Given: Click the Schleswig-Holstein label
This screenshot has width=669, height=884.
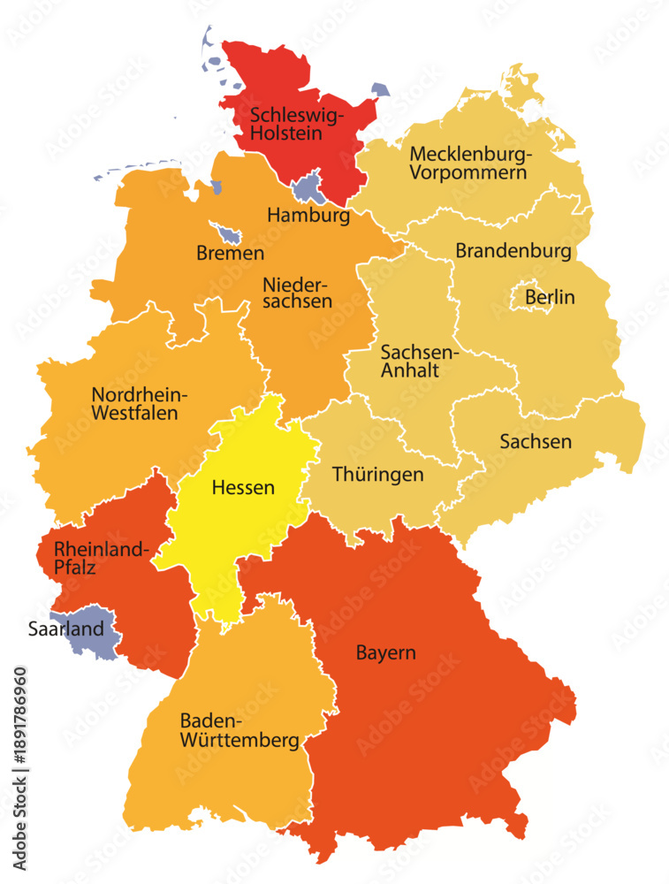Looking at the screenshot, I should (297, 124).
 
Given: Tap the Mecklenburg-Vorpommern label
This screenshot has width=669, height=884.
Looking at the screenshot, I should (470, 163).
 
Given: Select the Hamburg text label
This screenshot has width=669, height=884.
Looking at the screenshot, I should (308, 215).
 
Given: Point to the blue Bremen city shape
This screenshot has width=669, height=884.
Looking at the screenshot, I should (231, 235).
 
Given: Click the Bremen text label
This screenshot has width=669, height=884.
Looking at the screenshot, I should (230, 254).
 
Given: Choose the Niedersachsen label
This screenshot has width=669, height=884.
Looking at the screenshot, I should (297, 293).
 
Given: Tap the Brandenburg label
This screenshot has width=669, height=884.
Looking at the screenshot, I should (513, 251).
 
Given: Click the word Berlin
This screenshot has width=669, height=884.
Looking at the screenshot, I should (550, 297).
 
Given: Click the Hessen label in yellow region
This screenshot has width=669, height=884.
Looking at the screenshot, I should (243, 487).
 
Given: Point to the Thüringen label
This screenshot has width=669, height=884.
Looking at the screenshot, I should (377, 475).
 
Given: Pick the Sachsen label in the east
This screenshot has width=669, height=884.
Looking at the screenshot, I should (535, 441).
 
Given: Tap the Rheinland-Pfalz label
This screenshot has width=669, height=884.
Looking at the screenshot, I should (99, 558).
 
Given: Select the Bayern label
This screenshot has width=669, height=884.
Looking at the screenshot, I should (385, 654).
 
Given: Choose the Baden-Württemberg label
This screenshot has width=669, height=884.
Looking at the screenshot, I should (239, 730).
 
